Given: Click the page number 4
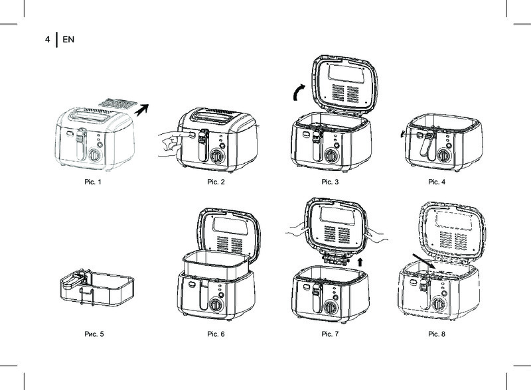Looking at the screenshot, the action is pyautogui.click(x=47, y=39).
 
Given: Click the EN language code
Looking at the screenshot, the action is pyautogui.click(x=68, y=39).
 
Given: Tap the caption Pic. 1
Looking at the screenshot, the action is pyautogui.click(x=93, y=182).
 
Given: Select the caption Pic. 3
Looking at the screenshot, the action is pyautogui.click(x=330, y=182).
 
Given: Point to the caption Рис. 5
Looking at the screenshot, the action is pyautogui.click(x=94, y=334).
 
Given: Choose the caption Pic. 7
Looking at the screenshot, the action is pyautogui.click(x=330, y=334).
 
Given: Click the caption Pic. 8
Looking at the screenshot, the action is pyautogui.click(x=437, y=334).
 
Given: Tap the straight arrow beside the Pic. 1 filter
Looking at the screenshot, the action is pyautogui.click(x=141, y=109).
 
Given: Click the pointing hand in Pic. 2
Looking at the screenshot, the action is pyautogui.click(x=172, y=143).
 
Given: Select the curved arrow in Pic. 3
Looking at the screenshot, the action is pyautogui.click(x=298, y=92).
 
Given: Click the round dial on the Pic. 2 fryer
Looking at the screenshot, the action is pyautogui.click(x=216, y=157).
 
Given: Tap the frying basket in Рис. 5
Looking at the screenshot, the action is pyautogui.click(x=97, y=289).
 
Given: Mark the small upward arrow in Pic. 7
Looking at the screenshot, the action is pyautogui.click(x=360, y=262).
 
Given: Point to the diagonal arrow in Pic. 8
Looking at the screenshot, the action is pyautogui.click(x=423, y=261).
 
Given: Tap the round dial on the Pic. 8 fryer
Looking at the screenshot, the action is pyautogui.click(x=439, y=304).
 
